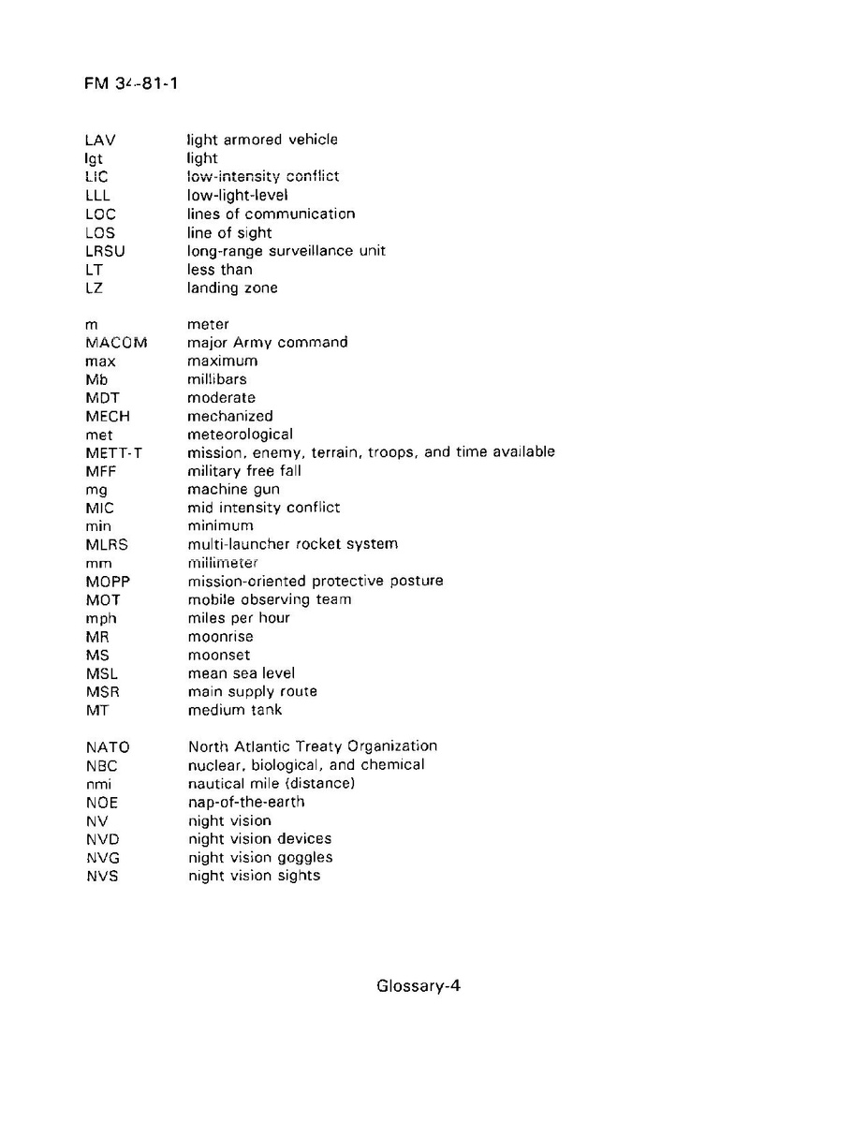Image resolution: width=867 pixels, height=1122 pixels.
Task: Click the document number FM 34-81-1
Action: tap(131, 84)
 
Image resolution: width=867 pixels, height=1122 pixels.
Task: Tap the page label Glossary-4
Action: tap(419, 986)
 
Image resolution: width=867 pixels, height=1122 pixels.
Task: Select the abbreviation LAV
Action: tap(99, 140)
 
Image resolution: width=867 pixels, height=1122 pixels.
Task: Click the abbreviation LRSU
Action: tap(104, 251)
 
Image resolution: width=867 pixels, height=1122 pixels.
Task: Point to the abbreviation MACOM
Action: tap(116, 343)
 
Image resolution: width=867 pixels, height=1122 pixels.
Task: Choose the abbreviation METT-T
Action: tap(112, 452)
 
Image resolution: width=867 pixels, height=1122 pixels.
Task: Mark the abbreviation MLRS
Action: tap(106, 544)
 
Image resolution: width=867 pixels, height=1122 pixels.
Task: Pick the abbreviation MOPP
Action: tap(107, 581)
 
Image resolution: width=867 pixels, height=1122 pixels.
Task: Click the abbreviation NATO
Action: tap(107, 747)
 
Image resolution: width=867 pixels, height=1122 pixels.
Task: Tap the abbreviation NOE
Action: tap(101, 803)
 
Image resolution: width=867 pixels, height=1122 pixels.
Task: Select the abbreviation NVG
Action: tap(102, 858)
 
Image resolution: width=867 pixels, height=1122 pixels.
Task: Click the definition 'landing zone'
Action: tap(232, 288)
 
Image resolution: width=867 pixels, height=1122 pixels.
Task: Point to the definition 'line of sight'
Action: tap(229, 232)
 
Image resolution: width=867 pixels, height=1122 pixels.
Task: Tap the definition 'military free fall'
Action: tap(244, 471)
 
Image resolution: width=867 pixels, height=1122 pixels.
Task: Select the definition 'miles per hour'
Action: tap(239, 618)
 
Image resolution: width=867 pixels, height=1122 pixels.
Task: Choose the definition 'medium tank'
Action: tap(235, 710)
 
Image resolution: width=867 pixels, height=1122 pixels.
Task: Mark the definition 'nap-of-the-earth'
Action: tap(246, 803)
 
